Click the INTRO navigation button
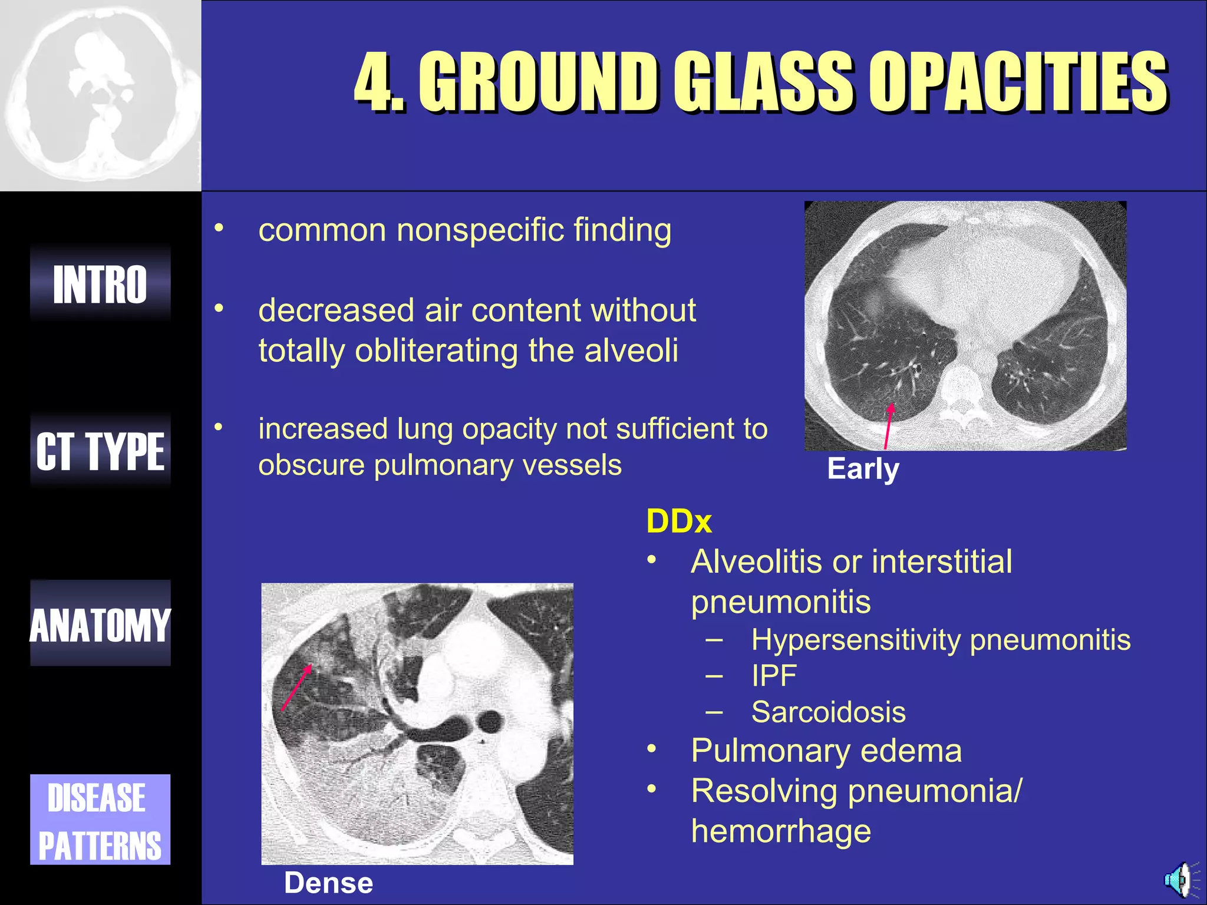coord(100,284)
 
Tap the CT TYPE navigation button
coord(100,451)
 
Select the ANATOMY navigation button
coord(100,625)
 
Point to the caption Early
coord(863,470)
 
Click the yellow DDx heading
coord(679,521)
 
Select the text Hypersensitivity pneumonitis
coord(941,640)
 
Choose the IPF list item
coord(774,676)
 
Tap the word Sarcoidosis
coord(828,712)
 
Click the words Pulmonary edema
coord(826,751)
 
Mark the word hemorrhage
coord(781,831)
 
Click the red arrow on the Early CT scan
coord(888,427)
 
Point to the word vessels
coord(572,465)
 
